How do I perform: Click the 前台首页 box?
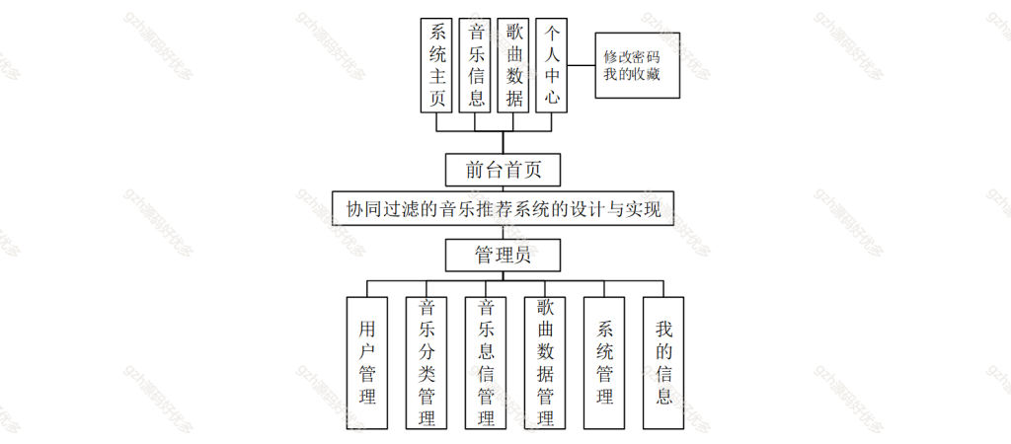point(503,170)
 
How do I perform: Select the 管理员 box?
point(503,256)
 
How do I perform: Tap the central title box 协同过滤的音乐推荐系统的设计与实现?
point(503,208)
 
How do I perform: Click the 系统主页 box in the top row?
point(436,65)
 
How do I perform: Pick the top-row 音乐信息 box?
point(475,65)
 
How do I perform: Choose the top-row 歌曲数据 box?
point(513,65)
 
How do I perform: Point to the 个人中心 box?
point(551,65)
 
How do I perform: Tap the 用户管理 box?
point(367,363)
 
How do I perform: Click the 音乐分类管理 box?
point(427,363)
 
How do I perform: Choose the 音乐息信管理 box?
point(486,363)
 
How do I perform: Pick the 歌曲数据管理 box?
point(545,363)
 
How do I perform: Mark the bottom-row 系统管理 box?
point(604,363)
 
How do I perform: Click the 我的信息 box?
point(663,363)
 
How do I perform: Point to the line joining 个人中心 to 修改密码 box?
point(581,65)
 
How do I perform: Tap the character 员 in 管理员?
point(522,256)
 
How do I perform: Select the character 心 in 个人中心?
point(551,100)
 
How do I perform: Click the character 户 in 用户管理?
point(367,352)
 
